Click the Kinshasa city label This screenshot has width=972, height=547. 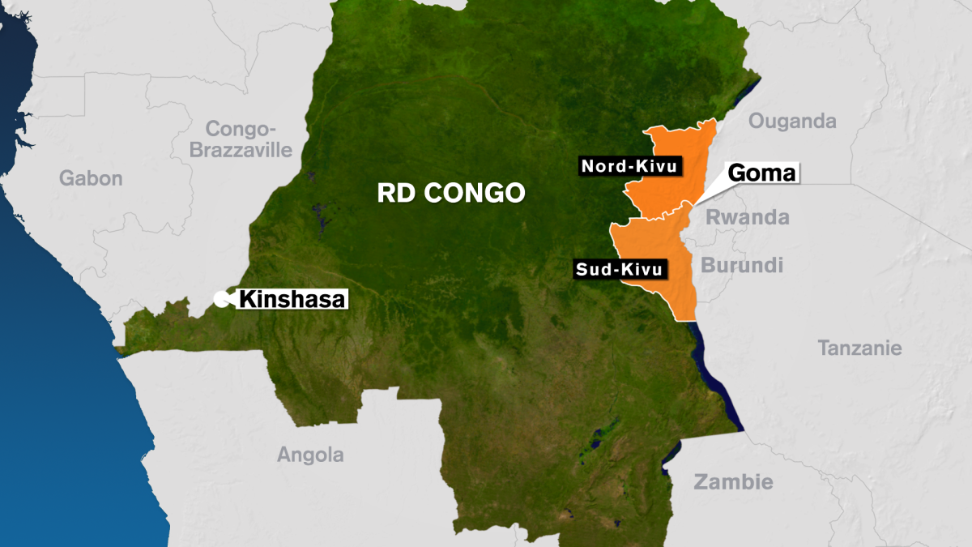pyautogui.click(x=292, y=299)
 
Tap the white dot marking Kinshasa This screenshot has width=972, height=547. pyautogui.click(x=220, y=299)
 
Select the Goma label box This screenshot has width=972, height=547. pyautogui.click(x=762, y=173)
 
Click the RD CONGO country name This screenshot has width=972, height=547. pyautogui.click(x=450, y=193)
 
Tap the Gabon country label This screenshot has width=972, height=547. pyautogui.click(x=90, y=178)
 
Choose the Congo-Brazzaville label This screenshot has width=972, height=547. pyautogui.click(x=241, y=139)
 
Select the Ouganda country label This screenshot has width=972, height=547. pyautogui.click(x=791, y=122)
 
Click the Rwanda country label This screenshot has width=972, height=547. pyautogui.click(x=747, y=217)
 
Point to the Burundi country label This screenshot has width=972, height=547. pyautogui.click(x=742, y=265)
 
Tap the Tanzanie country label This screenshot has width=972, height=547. pyautogui.click(x=859, y=348)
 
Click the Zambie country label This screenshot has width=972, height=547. pyautogui.click(x=733, y=482)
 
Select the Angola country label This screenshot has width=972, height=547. pyautogui.click(x=310, y=455)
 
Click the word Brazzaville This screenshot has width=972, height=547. pyautogui.click(x=241, y=150)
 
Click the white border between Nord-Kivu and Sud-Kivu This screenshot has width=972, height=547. pyautogui.click(x=656, y=217)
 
